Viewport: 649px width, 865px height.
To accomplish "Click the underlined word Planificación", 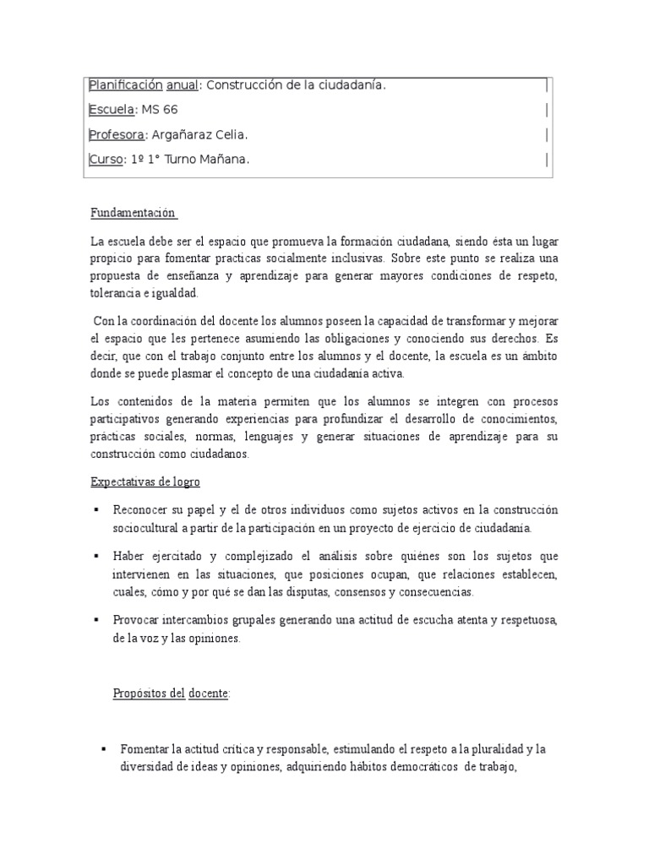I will click(124, 85).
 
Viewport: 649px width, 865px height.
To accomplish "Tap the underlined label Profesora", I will click(117, 135).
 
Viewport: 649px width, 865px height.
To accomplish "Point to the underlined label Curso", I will click(106, 160).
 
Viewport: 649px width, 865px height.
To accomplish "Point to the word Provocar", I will click(140, 620).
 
